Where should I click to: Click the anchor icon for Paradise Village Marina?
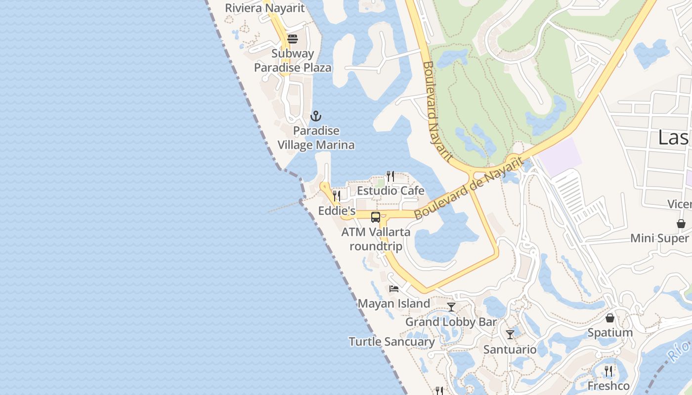click(315, 117)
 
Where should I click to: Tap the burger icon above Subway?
click(293, 39)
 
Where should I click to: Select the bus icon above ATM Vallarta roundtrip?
click(376, 217)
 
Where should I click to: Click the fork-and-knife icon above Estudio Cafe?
click(390, 176)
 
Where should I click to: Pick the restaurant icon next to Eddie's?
click(337, 196)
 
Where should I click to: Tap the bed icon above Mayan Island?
click(394, 289)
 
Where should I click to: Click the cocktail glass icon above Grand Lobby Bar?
click(451, 307)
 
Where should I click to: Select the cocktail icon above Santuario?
click(510, 335)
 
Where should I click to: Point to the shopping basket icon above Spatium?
click(610, 318)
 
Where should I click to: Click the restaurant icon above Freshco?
click(609, 371)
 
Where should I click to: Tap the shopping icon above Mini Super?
click(681, 224)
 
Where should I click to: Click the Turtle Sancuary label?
click(391, 342)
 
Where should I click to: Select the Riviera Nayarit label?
click(265, 8)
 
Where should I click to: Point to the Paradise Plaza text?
click(293, 68)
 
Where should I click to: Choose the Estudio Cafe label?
click(390, 191)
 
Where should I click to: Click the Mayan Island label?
click(393, 303)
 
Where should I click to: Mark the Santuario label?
click(510, 350)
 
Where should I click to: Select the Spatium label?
click(610, 333)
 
